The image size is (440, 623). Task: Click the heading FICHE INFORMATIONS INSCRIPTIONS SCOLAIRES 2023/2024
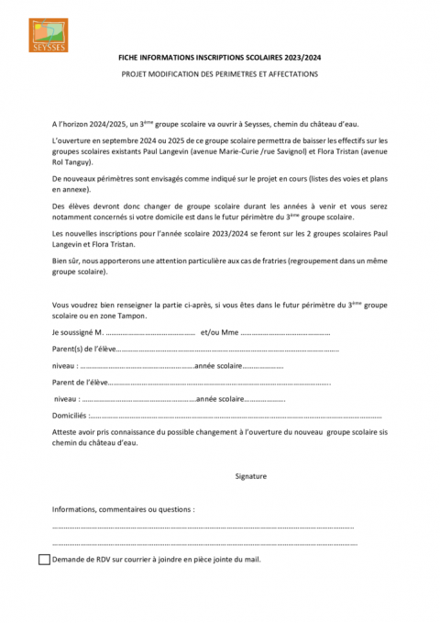[219, 57]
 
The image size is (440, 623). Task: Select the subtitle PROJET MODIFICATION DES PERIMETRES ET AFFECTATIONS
[219, 74]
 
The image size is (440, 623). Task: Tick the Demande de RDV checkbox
[45, 558]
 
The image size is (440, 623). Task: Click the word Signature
[250, 476]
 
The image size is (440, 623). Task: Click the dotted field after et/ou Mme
[284, 331]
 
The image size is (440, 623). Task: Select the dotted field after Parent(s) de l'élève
[229, 349]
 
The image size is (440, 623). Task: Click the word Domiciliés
[70, 416]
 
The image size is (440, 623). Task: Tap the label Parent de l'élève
[81, 383]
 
